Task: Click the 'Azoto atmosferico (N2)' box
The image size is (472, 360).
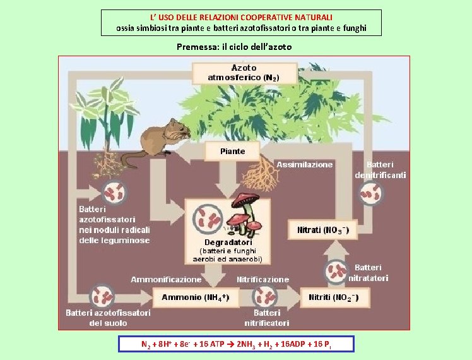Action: [244, 73]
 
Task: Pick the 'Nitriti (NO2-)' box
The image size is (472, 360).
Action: [334, 297]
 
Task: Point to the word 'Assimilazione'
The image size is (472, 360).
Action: [304, 165]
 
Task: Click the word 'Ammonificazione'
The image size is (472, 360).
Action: [166, 279]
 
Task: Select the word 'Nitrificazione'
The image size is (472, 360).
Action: [263, 279]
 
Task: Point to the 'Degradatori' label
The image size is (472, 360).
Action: [228, 242]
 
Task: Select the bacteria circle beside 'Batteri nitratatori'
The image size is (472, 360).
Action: [336, 272]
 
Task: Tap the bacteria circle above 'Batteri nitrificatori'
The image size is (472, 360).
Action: [264, 297]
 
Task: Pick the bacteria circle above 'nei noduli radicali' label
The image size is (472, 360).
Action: [114, 192]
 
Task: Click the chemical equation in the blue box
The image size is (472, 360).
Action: [236, 344]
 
